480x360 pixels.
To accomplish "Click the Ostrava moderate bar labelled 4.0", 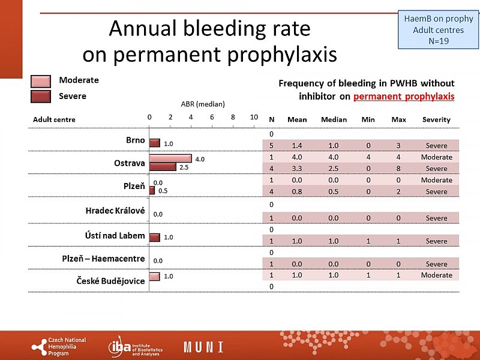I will click(170, 158).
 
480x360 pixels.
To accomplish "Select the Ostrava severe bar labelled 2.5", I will click(163, 167).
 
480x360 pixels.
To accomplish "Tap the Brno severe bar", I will click(155, 143).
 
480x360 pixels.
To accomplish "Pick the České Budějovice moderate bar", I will click(155, 277).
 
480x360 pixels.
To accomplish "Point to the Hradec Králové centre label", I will click(116, 211).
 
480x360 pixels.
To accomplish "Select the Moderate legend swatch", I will click(41, 81).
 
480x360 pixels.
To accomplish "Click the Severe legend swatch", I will click(41, 97).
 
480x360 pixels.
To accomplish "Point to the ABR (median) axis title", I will click(203, 104).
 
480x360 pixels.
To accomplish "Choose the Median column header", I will click(334, 119).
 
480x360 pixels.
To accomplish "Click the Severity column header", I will click(436, 119).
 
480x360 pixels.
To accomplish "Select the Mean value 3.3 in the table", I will click(297, 169).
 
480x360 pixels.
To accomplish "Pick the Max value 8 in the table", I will click(398, 169).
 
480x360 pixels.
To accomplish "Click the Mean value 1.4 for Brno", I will click(297, 146).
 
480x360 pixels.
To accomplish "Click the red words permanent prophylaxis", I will click(404, 97).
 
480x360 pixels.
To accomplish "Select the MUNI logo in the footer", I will click(203, 347).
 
